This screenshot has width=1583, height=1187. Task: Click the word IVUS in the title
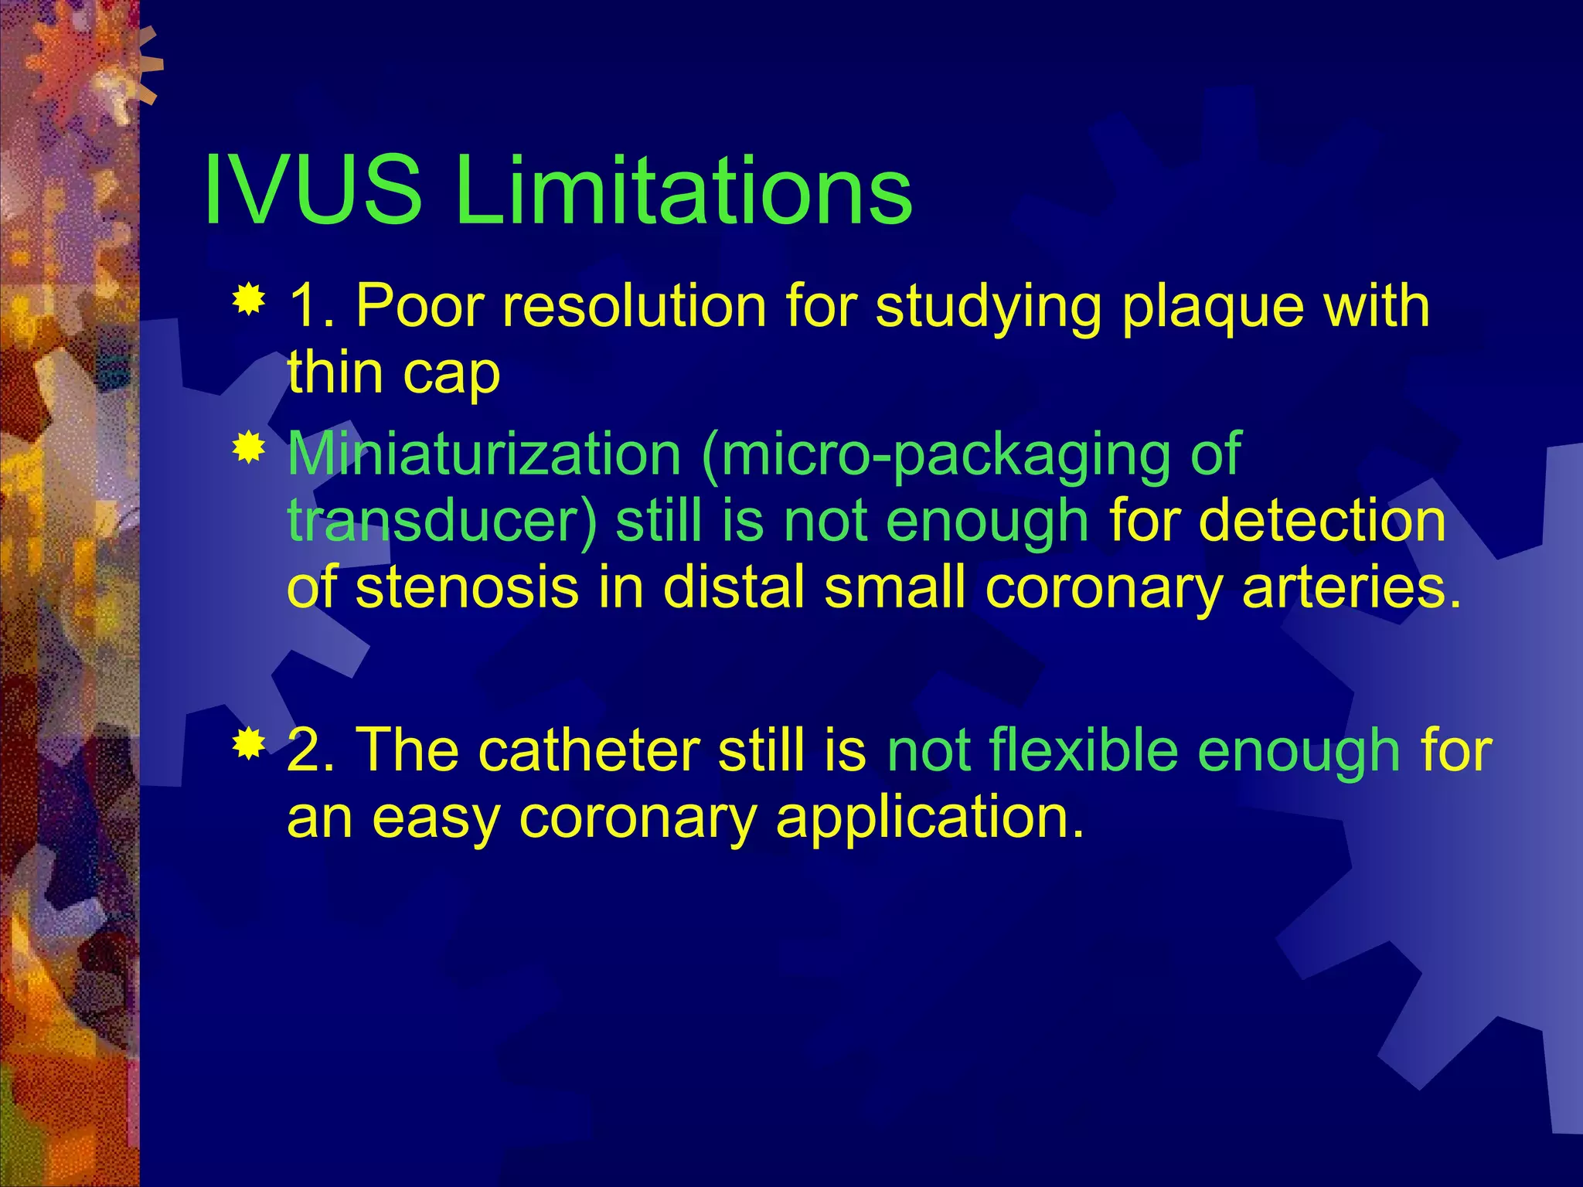coord(313,190)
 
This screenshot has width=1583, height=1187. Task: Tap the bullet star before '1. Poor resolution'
coord(249,301)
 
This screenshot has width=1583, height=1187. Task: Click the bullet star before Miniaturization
coord(249,449)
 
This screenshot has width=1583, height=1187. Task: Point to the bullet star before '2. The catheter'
coord(249,744)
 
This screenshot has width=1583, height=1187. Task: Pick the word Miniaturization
coord(484,454)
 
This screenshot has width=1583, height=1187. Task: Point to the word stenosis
coord(467,587)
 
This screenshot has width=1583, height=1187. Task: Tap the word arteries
coord(1352,587)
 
